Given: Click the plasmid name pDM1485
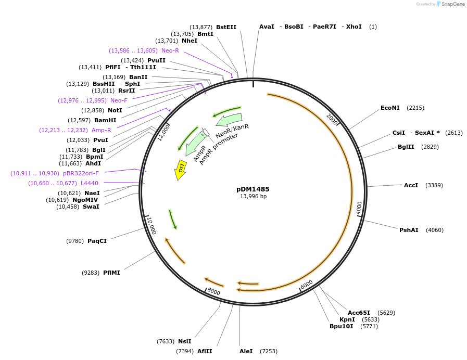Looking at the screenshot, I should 253,189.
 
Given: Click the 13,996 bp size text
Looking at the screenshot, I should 253,197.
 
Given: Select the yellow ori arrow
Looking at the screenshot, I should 180,170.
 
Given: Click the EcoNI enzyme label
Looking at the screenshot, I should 390,108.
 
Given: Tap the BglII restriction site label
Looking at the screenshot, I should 406,147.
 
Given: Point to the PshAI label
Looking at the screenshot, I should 408,230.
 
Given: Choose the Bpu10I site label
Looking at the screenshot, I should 341,326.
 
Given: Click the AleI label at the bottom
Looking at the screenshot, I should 246,351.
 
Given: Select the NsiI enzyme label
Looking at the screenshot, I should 184,341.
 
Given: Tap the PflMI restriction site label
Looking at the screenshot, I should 111,273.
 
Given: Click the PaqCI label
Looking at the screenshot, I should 97,241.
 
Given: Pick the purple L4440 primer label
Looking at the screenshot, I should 89,183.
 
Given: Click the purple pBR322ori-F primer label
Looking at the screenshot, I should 81,173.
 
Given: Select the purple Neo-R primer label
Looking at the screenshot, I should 170,50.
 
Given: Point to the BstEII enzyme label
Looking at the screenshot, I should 226,27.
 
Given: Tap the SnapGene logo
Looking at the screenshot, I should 450,4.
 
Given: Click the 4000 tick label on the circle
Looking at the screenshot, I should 359,207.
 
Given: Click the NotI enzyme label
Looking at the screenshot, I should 115,110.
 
